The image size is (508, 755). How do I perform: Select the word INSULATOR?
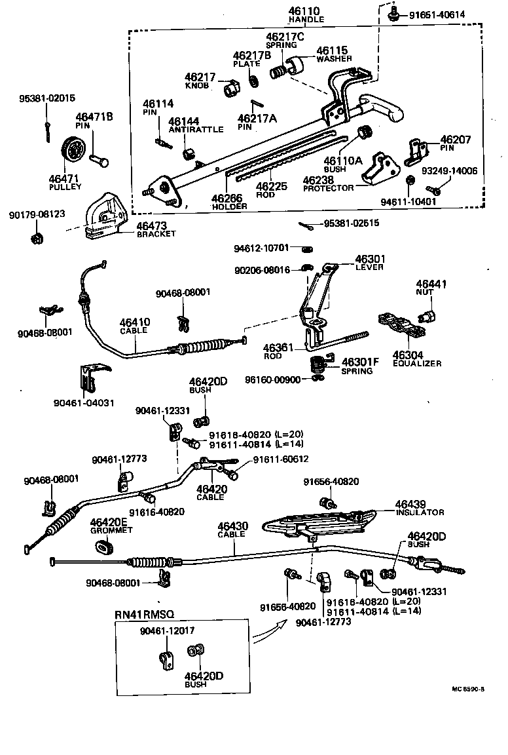(x=419, y=512)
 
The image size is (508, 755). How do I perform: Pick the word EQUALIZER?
(x=417, y=363)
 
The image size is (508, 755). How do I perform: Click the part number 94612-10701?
(x=261, y=248)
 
